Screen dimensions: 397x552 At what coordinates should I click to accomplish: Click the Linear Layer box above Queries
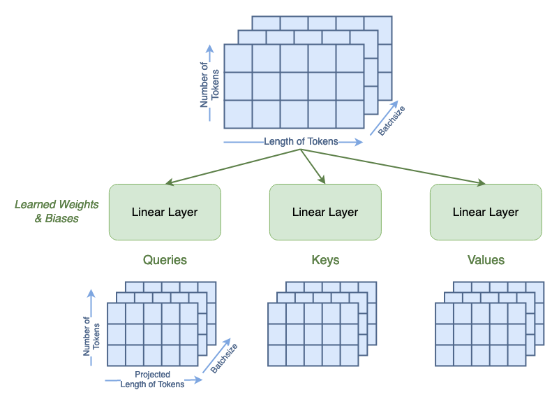point(165,212)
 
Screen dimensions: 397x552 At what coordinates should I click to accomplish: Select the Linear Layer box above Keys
point(325,212)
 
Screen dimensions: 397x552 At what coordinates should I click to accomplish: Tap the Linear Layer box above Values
point(486,212)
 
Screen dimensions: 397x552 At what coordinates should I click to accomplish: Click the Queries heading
point(165,260)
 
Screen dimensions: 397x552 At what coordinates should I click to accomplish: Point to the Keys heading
point(325,260)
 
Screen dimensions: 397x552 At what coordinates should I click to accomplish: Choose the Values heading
point(486,260)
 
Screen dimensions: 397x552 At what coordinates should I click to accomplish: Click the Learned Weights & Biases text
point(57,211)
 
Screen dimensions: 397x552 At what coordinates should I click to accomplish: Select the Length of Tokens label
point(301,141)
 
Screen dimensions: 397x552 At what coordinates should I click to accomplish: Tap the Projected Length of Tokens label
point(152,379)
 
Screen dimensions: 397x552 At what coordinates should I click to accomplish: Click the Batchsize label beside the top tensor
point(391,120)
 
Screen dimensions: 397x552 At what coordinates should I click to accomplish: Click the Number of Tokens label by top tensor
point(209,85)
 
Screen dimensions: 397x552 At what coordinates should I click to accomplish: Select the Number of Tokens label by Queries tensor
point(91,336)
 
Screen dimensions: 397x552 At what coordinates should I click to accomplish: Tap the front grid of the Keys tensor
point(313,334)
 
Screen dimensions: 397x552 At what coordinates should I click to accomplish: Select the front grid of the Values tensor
point(480,334)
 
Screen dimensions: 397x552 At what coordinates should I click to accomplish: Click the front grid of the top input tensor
point(294,86)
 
